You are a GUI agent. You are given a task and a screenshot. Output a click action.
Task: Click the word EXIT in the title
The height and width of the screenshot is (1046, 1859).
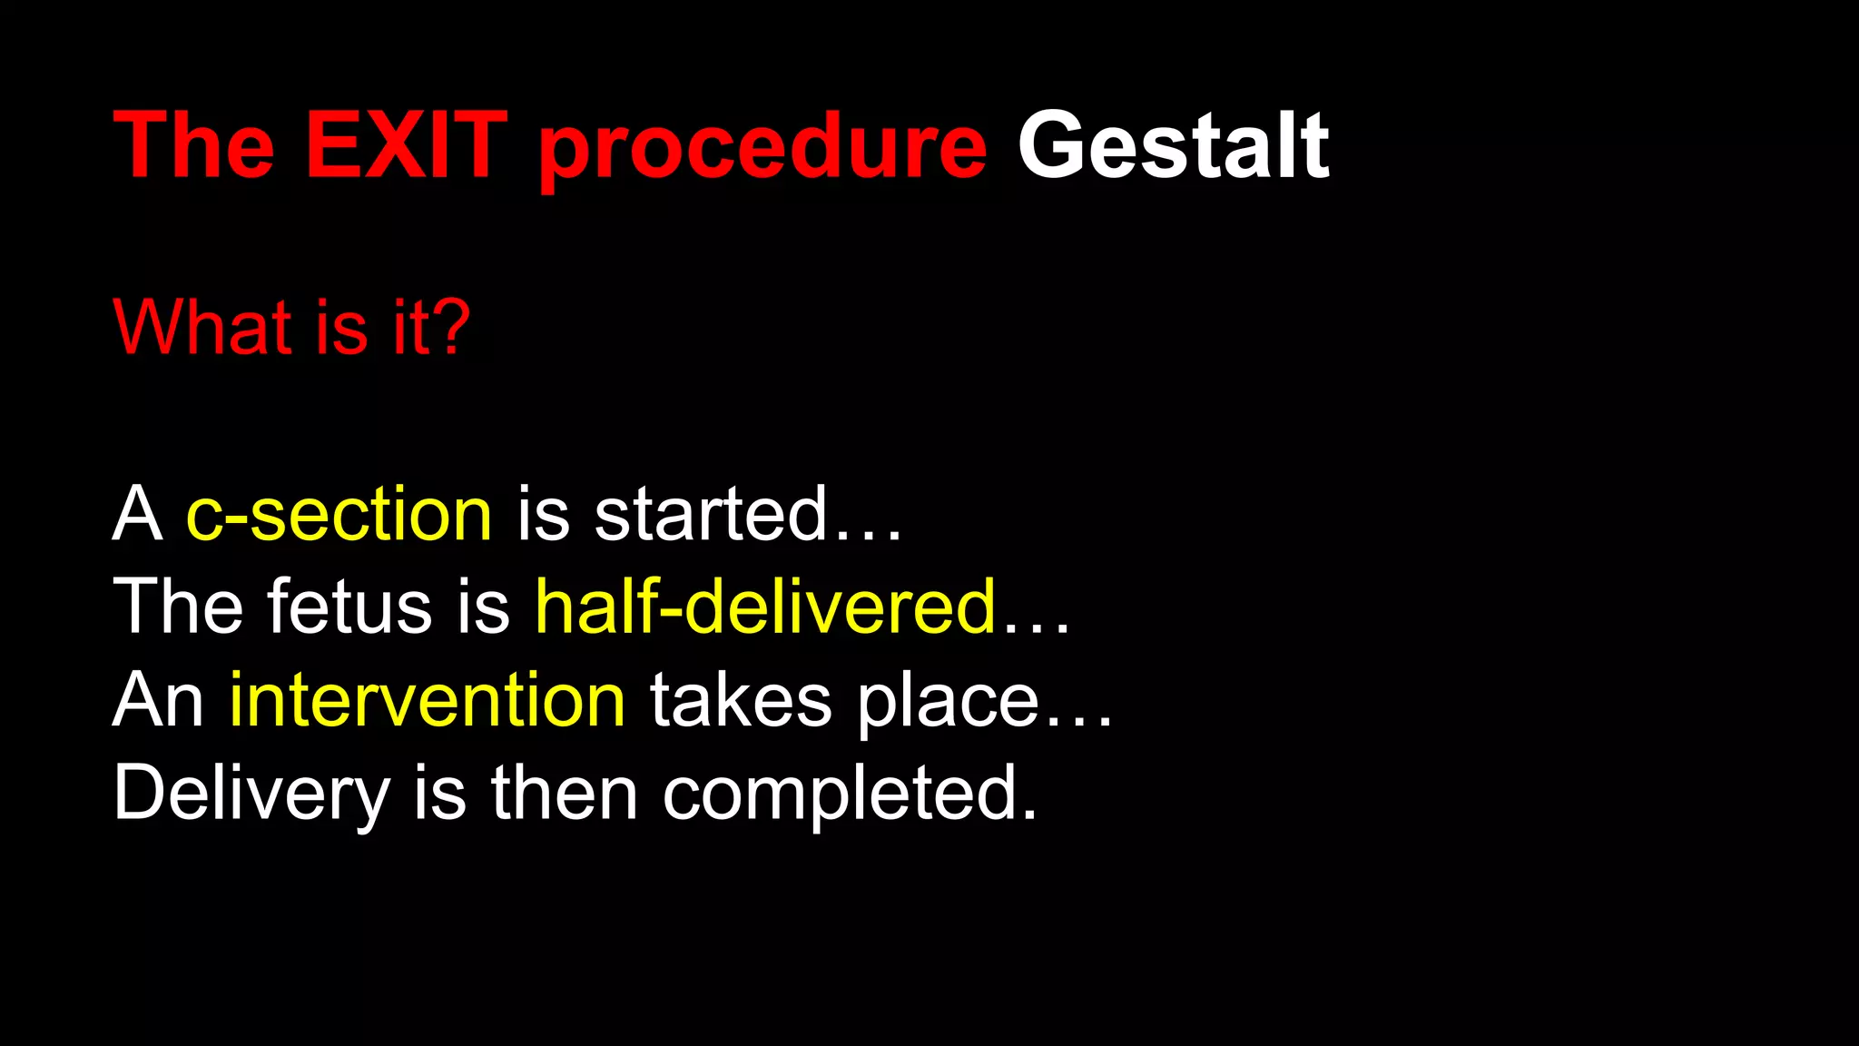pyautogui.click(x=406, y=145)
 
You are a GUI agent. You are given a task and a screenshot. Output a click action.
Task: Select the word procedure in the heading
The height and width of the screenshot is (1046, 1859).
pyautogui.click(x=762, y=150)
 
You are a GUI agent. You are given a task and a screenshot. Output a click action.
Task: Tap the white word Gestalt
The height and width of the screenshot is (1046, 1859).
pyautogui.click(x=1173, y=145)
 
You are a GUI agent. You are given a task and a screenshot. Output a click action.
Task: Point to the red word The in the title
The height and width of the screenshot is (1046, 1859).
pyautogui.click(x=194, y=145)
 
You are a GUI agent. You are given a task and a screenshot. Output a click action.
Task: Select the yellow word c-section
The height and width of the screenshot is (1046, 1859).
pyautogui.click(x=339, y=514)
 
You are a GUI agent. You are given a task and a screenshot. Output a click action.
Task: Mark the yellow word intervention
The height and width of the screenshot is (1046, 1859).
pyautogui.click(x=427, y=700)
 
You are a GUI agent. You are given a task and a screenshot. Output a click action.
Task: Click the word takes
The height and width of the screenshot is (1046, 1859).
pyautogui.click(x=741, y=700)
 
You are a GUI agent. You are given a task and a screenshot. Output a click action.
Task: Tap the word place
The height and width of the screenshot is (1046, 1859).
pyautogui.click(x=948, y=704)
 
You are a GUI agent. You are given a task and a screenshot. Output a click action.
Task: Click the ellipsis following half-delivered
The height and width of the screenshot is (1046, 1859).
pyautogui.click(x=1037, y=628)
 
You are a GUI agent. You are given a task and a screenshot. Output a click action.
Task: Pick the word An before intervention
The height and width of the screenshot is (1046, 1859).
pyautogui.click(x=158, y=700)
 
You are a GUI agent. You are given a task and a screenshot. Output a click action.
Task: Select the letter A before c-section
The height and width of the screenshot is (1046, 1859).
pyautogui.click(x=137, y=514)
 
